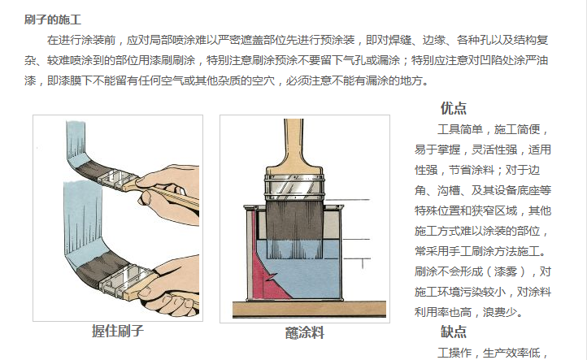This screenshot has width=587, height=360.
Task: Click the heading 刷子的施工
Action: (53, 20)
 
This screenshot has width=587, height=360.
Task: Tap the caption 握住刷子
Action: (118, 331)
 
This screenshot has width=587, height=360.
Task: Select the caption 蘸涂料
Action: (305, 332)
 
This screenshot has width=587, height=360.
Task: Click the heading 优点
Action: (454, 108)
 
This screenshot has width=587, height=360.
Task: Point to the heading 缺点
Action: (454, 332)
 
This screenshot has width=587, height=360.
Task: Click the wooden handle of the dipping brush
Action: (293, 146)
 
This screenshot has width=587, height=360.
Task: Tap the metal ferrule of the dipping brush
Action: (294, 187)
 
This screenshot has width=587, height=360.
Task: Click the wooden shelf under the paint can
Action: (309, 309)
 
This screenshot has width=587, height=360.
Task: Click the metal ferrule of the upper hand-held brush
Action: (113, 180)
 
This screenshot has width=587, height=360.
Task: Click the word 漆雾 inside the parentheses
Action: (506, 271)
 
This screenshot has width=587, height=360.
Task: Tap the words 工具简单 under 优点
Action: (460, 129)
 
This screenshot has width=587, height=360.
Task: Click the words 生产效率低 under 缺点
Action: (511, 353)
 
